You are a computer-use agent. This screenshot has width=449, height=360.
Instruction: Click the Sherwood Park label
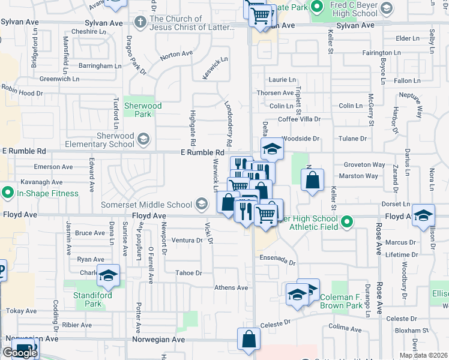click(142, 110)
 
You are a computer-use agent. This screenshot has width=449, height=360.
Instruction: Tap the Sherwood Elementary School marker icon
click(143, 140)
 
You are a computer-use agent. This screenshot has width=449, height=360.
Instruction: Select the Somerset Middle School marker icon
click(203, 205)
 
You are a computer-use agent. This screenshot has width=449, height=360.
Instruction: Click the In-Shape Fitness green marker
click(7, 193)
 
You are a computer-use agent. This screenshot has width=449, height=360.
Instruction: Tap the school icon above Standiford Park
click(109, 275)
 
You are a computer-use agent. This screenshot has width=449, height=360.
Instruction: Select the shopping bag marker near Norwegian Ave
click(249, 339)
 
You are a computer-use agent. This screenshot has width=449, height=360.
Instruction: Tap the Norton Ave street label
click(176, 54)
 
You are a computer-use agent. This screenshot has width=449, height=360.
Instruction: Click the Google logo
click(20, 353)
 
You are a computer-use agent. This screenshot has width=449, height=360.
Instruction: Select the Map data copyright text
click(424, 355)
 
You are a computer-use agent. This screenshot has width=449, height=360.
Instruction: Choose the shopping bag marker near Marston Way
click(312, 179)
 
